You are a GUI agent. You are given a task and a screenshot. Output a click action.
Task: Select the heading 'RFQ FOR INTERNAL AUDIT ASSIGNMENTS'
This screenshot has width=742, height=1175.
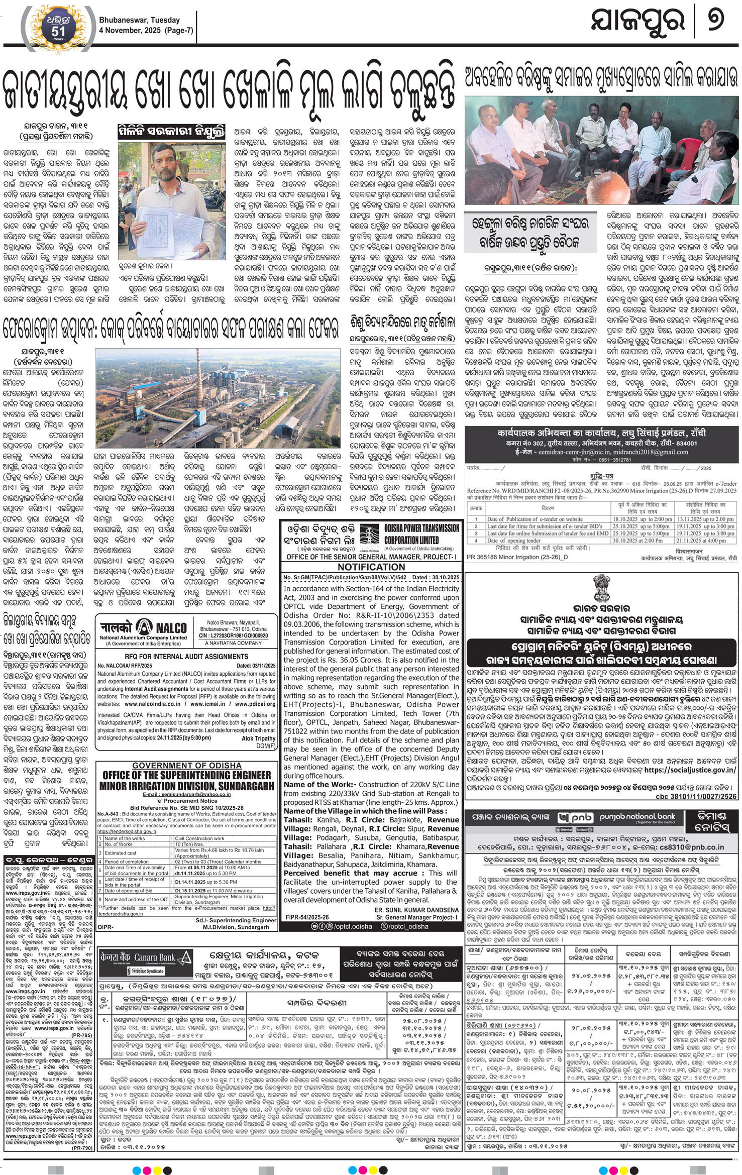point(186,656)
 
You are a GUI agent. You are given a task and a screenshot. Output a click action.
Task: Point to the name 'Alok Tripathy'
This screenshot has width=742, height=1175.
point(258,738)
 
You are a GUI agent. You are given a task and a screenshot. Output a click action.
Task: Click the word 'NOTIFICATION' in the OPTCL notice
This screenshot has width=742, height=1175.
point(371,567)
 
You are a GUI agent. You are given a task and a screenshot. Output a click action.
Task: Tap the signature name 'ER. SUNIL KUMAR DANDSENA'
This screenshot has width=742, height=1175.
point(416,910)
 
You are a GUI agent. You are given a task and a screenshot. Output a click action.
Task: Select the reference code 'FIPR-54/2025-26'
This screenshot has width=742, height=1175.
point(307,917)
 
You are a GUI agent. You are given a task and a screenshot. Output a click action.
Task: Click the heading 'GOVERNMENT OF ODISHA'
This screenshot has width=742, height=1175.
point(187,766)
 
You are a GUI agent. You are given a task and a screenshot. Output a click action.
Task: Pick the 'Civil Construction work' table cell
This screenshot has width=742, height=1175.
point(199,838)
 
